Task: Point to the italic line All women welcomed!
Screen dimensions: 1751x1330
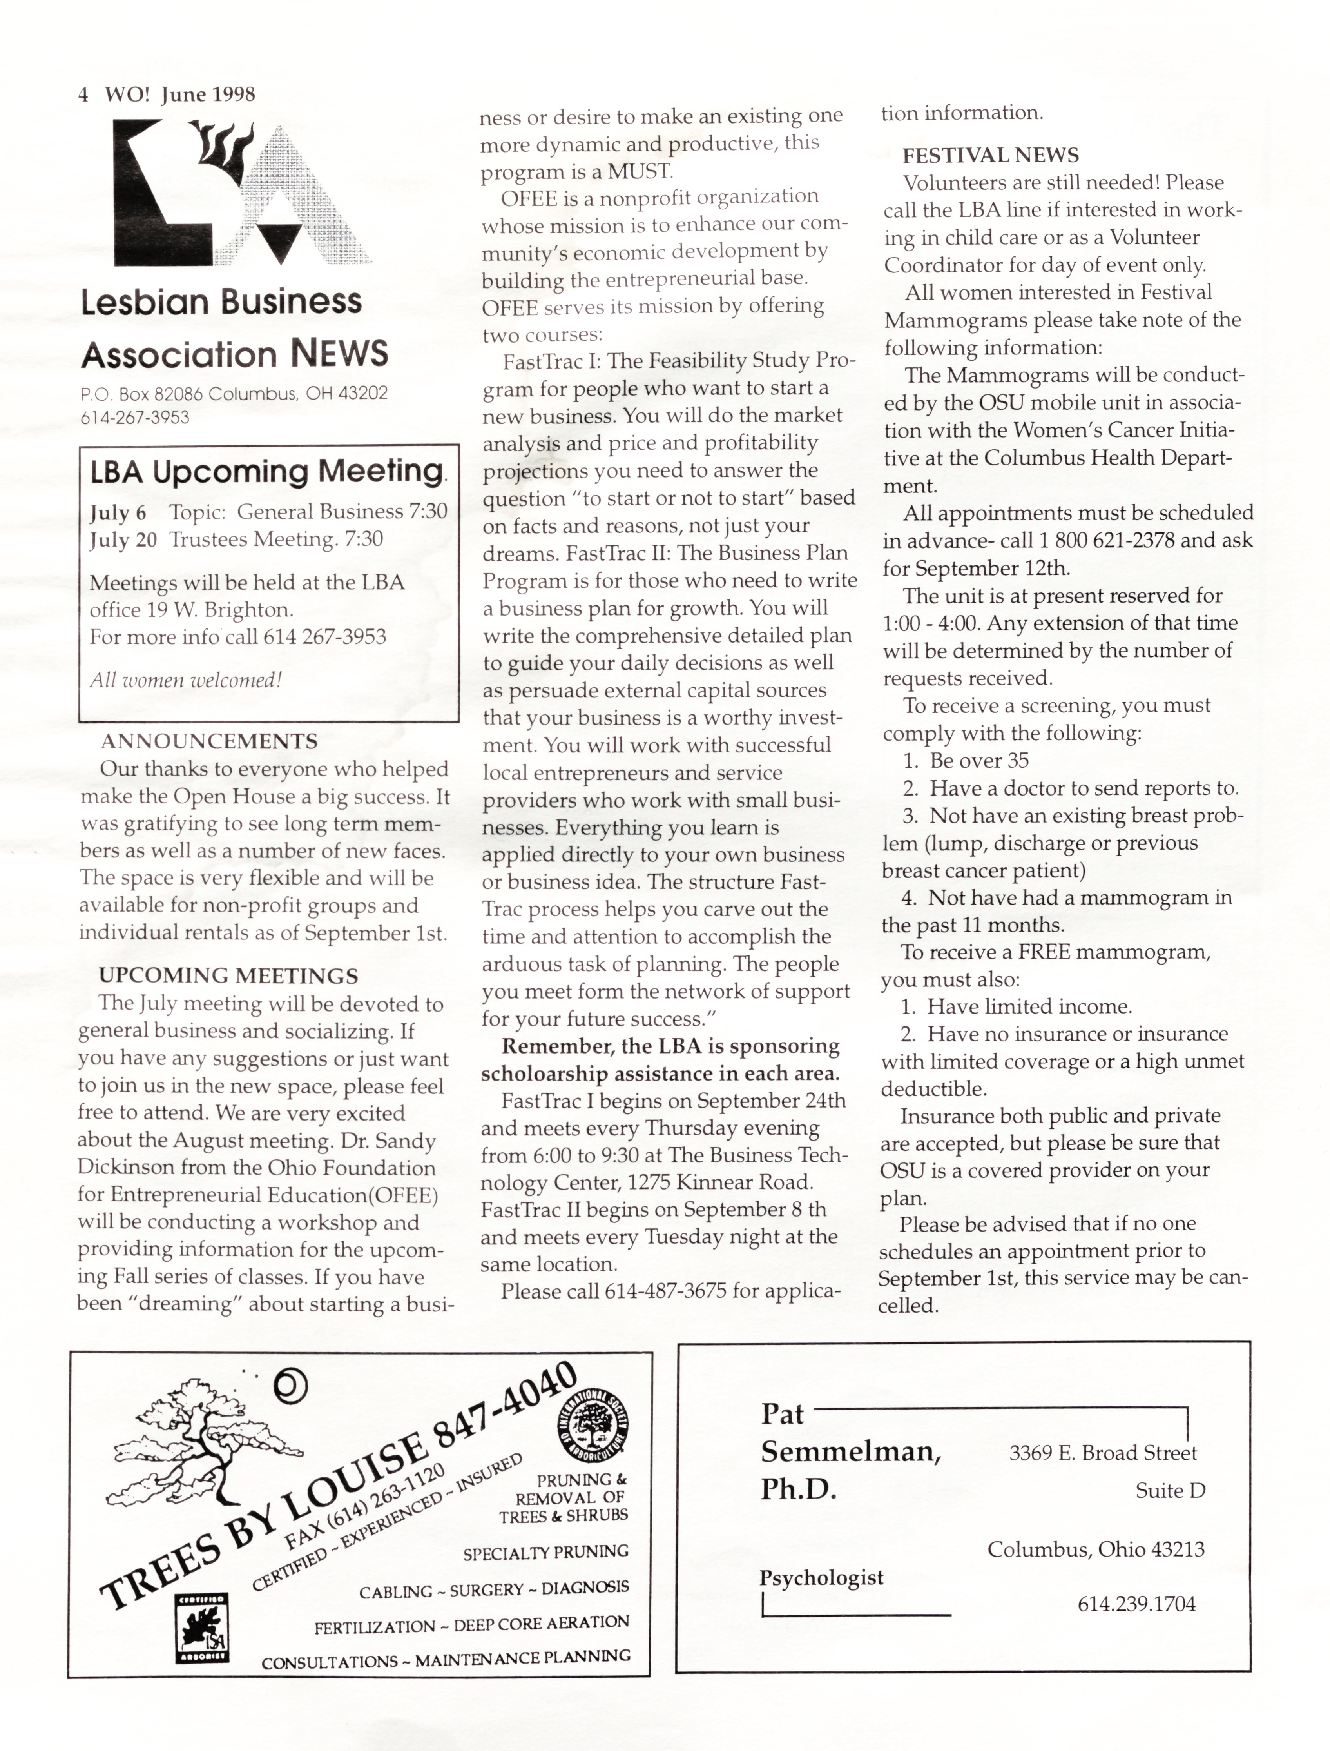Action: [x=185, y=679]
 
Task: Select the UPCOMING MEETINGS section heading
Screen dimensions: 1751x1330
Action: [x=228, y=976]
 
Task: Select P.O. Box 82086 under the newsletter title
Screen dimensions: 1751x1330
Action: [x=143, y=394]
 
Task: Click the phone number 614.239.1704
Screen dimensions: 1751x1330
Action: [x=1136, y=1604]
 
